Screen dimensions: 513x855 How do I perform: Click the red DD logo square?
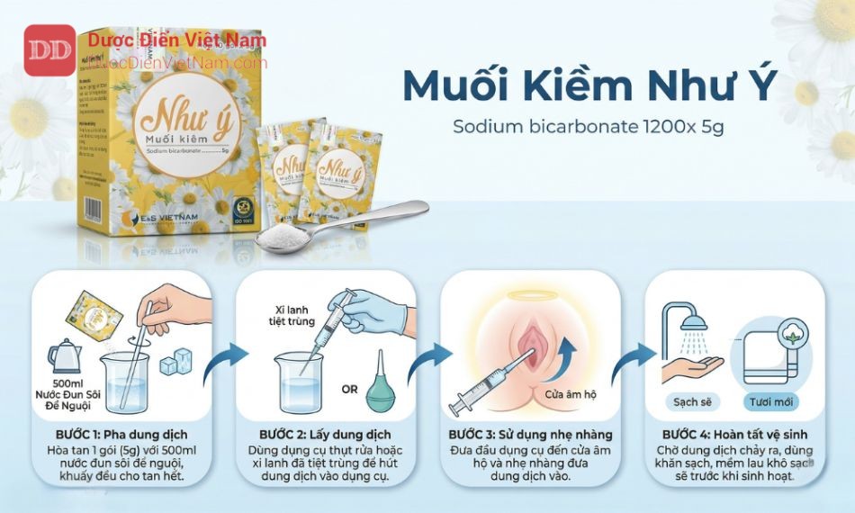tap(49, 49)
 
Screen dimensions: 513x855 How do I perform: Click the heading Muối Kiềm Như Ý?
tap(589, 85)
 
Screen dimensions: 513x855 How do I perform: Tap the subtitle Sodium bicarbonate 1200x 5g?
tap(589, 126)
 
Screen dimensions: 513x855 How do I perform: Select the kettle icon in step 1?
tap(65, 355)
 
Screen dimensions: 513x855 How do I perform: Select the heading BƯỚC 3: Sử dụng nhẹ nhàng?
tap(531, 434)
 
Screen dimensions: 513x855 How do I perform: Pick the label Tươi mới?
tap(769, 401)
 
